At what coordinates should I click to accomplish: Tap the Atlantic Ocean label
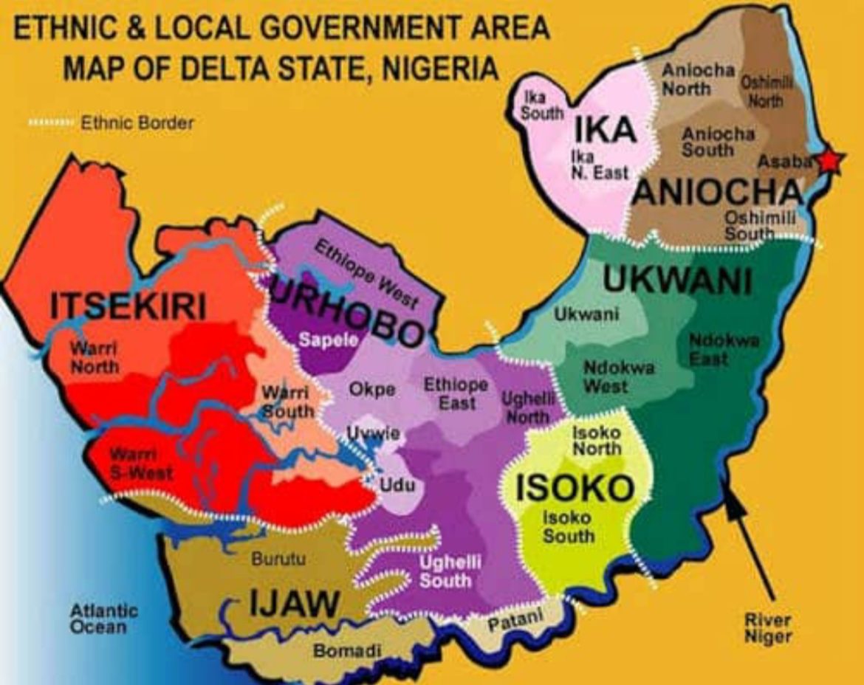(103, 619)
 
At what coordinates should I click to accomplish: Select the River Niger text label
(767, 628)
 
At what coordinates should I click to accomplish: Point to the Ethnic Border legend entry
(111, 123)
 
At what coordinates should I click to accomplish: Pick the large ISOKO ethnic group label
(575, 488)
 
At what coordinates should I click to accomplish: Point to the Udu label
(397, 485)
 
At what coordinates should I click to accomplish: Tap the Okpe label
(372, 390)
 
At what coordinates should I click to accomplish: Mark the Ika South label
(544, 106)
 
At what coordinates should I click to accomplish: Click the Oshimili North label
(767, 92)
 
